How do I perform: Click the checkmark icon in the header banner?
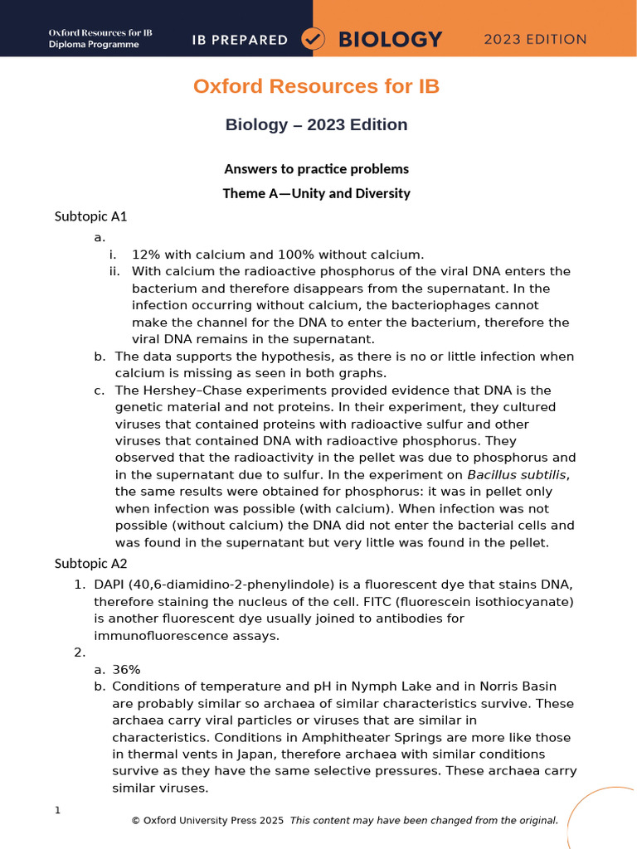314,39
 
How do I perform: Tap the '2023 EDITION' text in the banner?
535,39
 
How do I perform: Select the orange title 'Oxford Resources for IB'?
316,86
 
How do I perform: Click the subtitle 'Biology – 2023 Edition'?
316,125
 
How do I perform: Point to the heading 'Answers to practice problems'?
316,169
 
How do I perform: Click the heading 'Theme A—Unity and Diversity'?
316,193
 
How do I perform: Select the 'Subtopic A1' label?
90,217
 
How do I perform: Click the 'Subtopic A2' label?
90,564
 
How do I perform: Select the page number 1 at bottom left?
57,810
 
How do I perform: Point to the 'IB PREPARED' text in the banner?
240,39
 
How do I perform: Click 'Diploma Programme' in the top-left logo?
94,45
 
